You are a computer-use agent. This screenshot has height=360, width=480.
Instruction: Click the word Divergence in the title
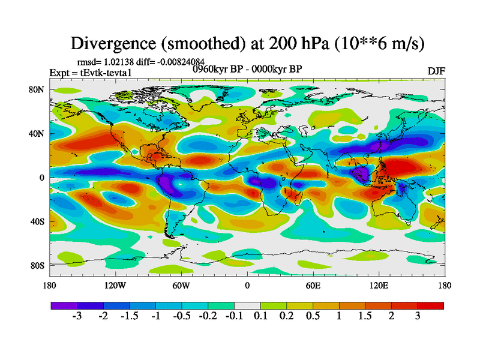(112, 44)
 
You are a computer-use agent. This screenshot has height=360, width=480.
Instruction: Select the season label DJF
(437, 71)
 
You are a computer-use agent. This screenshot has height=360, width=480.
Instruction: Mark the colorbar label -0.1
(233, 317)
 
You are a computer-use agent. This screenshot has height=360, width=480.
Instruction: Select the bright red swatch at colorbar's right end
(435, 305)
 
